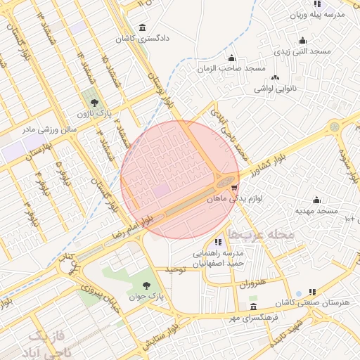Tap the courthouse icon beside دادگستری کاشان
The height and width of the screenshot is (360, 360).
pyautogui.click(x=143, y=28)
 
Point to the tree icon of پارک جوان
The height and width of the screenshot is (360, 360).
pyautogui.click(x=146, y=285)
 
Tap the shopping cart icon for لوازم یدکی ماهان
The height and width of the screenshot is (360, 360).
pyautogui.click(x=234, y=188)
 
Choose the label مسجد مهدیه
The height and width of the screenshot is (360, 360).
pyautogui.click(x=317, y=211)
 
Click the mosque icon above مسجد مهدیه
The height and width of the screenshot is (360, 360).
pyautogui.click(x=316, y=199)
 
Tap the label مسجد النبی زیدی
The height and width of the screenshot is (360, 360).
pyautogui.click(x=302, y=52)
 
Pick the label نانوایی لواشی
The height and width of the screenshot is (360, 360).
pyautogui.click(x=277, y=89)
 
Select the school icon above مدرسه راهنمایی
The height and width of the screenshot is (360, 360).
pyautogui.click(x=218, y=243)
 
